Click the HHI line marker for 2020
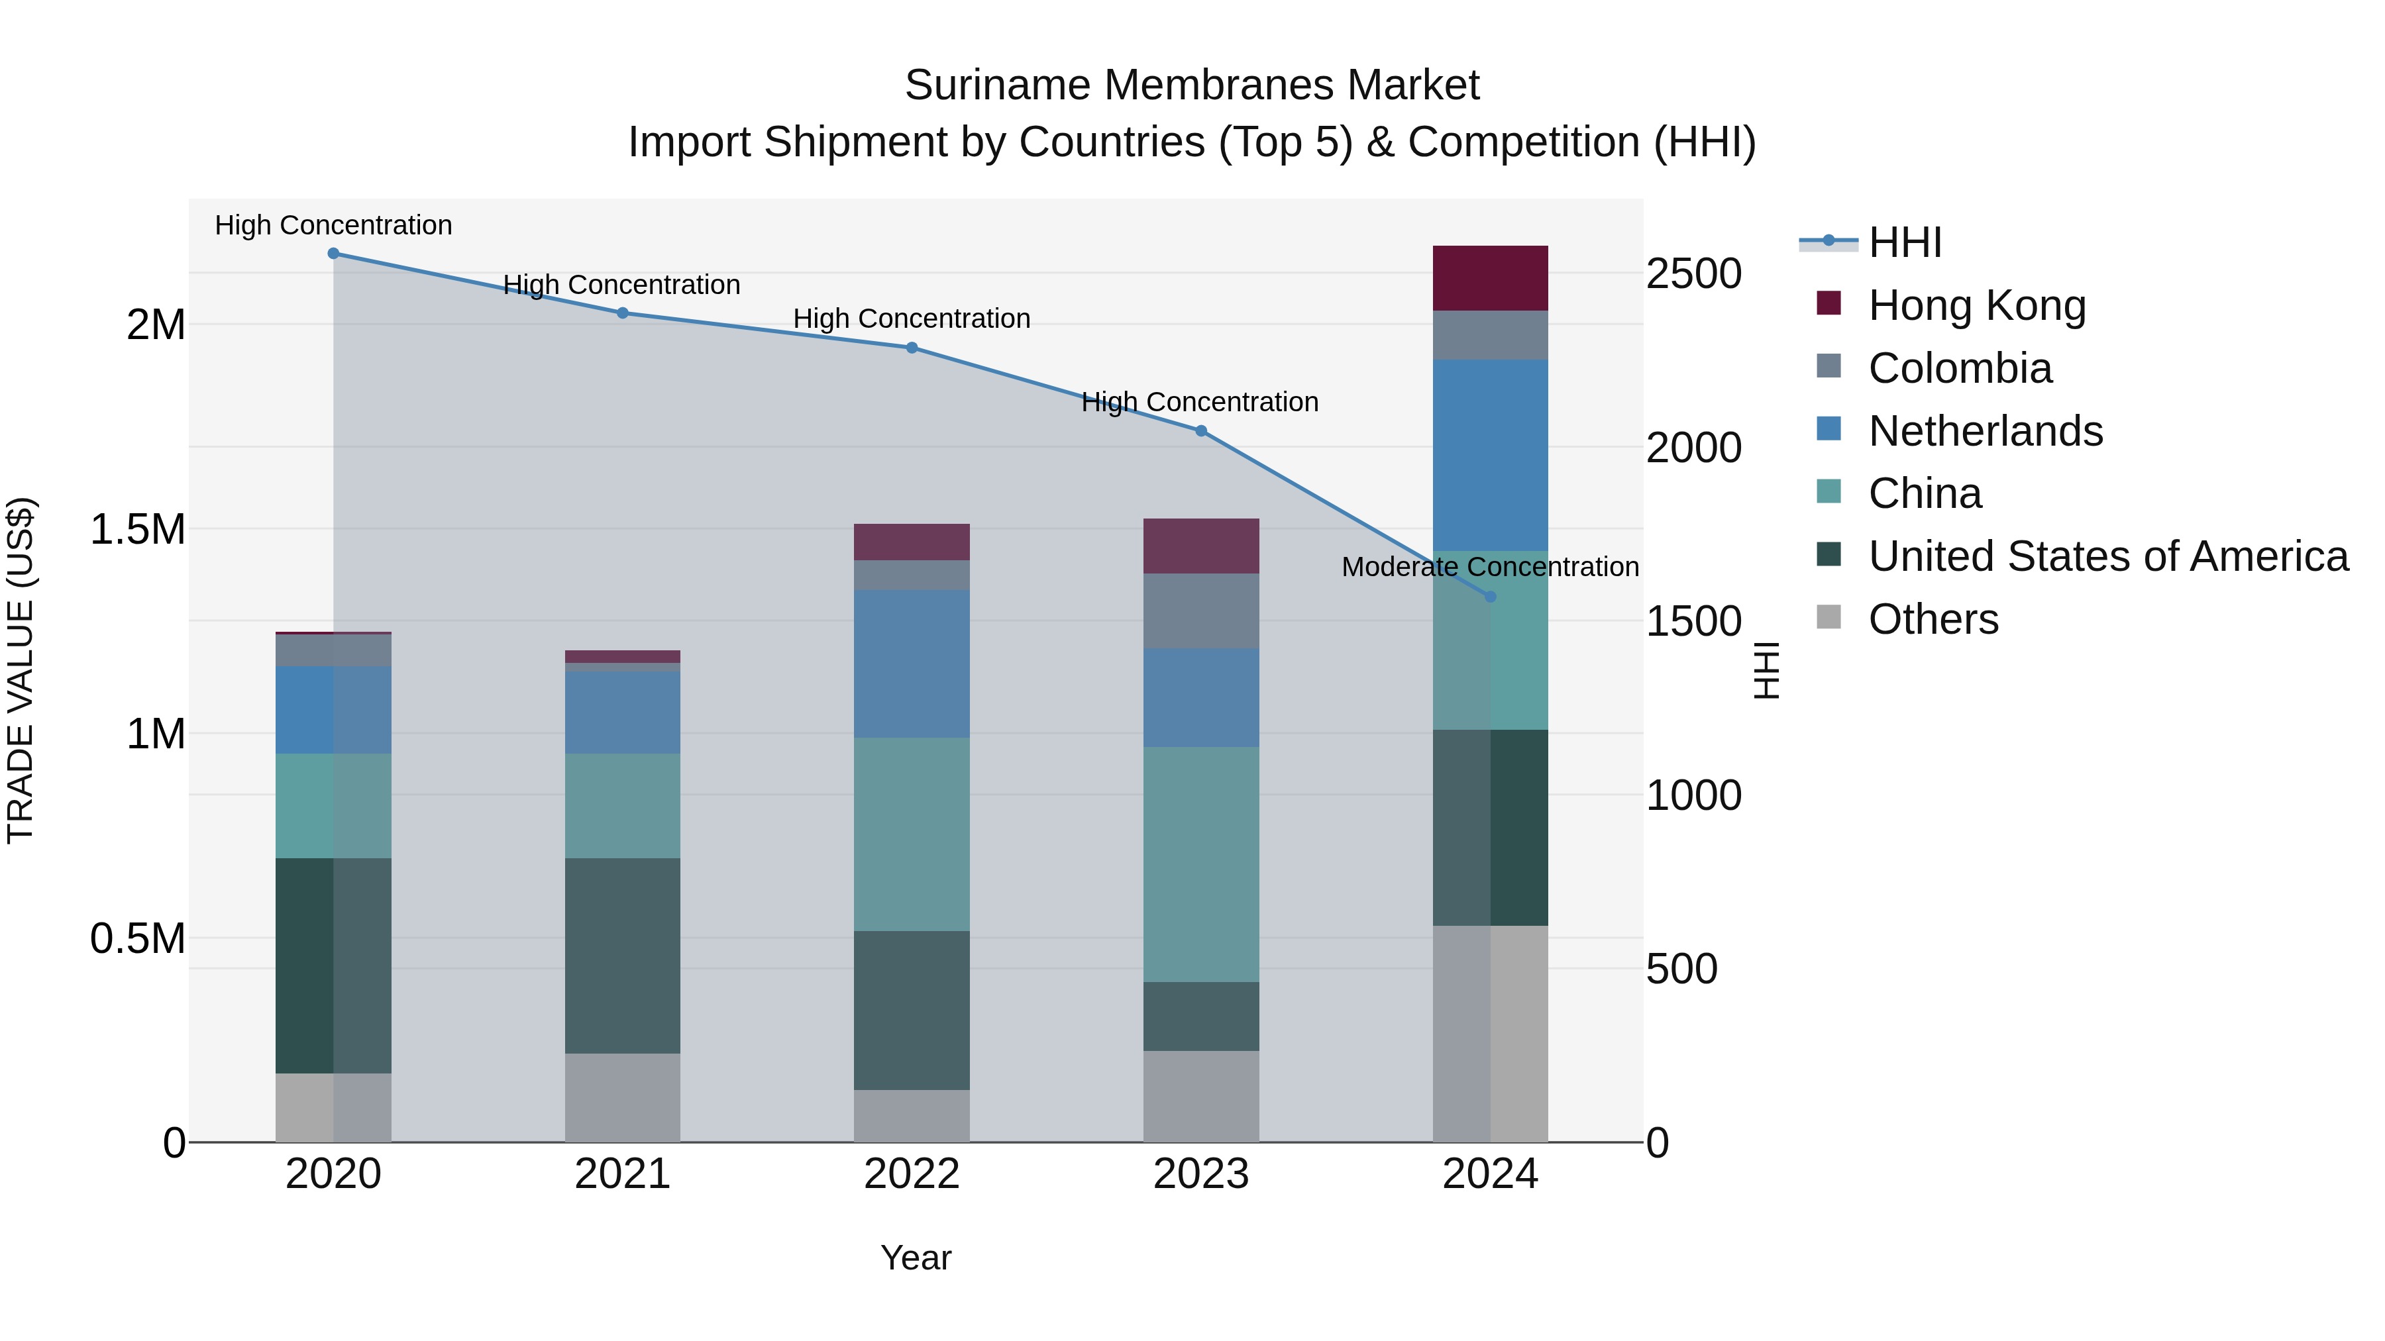(x=333, y=254)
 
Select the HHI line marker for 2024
(x=1491, y=597)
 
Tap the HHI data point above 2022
(x=912, y=348)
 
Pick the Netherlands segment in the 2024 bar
(x=1491, y=456)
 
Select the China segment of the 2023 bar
(x=1201, y=864)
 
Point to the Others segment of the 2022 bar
(x=912, y=1115)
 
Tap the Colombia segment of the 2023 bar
(x=1201, y=611)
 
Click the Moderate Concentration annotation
(x=1490, y=566)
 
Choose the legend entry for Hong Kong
(x=1977, y=305)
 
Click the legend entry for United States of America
(x=2108, y=556)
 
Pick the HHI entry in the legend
(x=1905, y=242)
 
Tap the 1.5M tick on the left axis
(x=137, y=529)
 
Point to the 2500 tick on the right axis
(x=1693, y=274)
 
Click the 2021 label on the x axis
(x=622, y=1174)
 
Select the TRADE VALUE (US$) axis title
(x=21, y=670)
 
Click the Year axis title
(x=916, y=1258)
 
